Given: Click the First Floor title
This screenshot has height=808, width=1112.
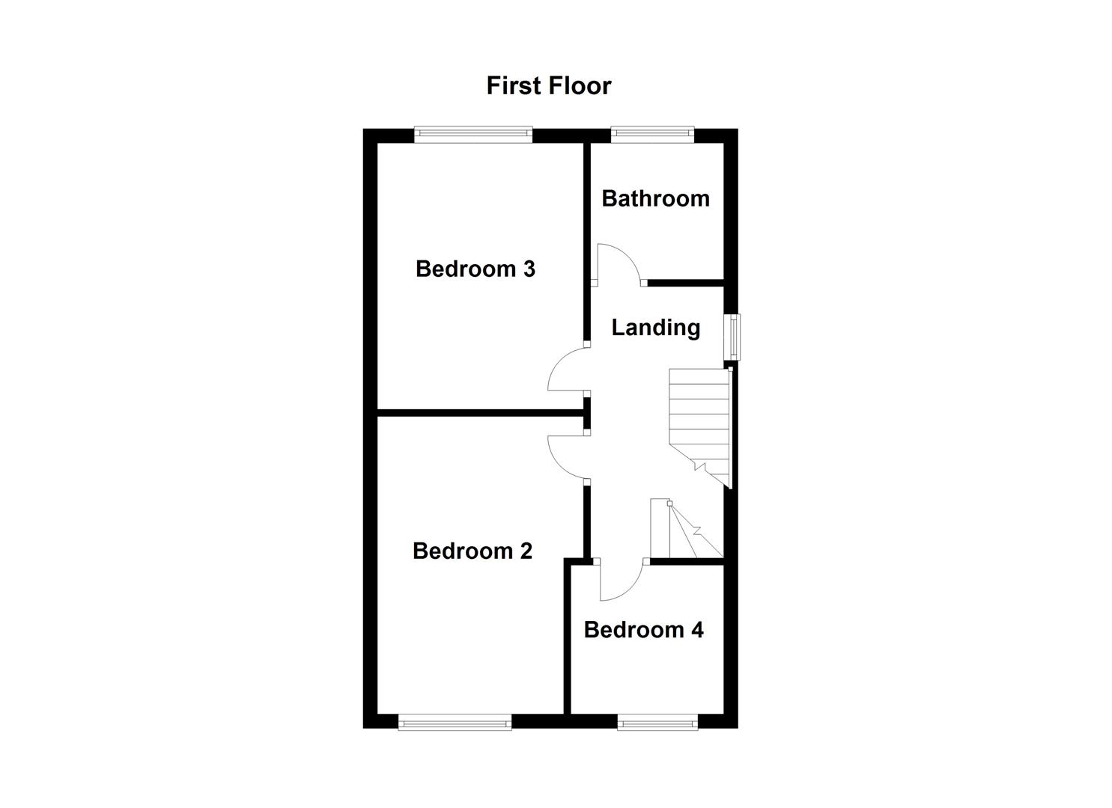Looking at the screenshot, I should [548, 86].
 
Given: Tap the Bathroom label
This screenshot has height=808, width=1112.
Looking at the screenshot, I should [655, 198].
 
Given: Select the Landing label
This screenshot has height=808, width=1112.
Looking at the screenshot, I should [655, 328].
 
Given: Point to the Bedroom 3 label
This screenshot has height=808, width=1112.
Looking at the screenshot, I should [475, 269].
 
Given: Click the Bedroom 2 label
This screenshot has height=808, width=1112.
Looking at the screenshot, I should [472, 551].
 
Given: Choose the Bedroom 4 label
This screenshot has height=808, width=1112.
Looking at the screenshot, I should [643, 630].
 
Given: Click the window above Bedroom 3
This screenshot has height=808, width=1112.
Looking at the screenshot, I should [473, 135].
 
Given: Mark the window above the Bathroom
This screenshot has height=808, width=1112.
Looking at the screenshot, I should [651, 135].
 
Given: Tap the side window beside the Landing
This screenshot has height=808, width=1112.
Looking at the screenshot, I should [732, 337].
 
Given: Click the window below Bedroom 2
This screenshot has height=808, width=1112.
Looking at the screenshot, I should [455, 722].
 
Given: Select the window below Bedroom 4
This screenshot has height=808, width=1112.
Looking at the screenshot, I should [657, 722].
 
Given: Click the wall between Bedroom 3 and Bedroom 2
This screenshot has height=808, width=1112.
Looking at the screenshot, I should [479, 411].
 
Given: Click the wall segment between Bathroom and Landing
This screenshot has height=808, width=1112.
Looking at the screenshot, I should [685, 283].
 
